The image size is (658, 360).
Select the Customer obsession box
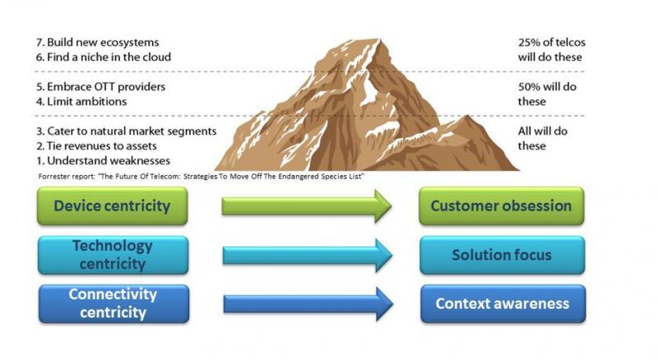coord(501,206)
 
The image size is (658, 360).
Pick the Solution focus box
coord(501,255)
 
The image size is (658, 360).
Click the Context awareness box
coord(501,303)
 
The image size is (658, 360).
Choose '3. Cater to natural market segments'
coord(125,131)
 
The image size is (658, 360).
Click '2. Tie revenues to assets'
coord(98,145)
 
